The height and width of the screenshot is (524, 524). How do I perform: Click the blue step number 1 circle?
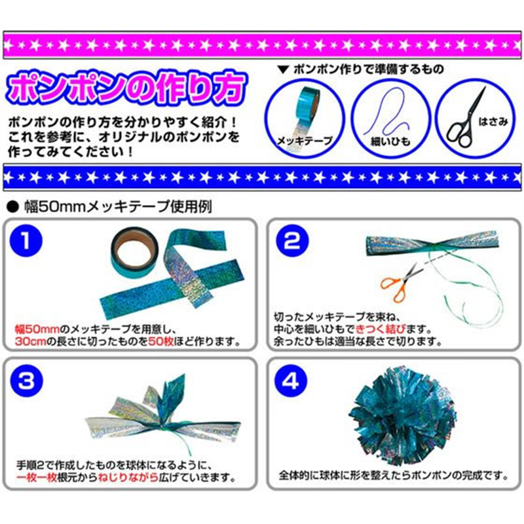(26, 240)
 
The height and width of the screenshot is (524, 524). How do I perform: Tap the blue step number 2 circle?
(292, 240)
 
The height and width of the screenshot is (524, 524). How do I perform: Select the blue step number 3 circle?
(27, 381)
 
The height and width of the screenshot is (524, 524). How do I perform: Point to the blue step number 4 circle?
(291, 381)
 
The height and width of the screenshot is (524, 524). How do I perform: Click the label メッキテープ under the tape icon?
(305, 141)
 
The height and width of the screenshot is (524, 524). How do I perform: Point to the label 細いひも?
(390, 141)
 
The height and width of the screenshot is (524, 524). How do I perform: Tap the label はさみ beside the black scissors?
(493, 122)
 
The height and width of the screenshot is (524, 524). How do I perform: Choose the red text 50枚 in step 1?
(161, 341)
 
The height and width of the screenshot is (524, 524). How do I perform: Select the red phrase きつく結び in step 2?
(381, 329)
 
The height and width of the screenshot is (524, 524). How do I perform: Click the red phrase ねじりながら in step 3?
(128, 477)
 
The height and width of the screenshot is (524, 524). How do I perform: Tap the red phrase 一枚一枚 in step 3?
(37, 477)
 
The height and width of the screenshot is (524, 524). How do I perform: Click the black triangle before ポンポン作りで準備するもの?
(284, 69)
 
